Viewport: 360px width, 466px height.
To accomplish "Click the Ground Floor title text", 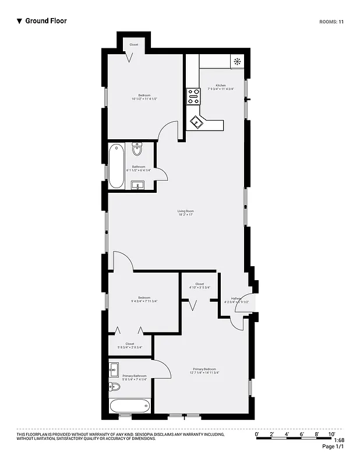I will click(45, 21).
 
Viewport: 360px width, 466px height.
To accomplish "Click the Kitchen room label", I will click(221, 86).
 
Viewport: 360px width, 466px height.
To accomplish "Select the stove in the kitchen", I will click(193, 96).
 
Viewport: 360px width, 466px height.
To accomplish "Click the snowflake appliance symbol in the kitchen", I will click(237, 61).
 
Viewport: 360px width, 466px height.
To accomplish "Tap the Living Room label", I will click(186, 211).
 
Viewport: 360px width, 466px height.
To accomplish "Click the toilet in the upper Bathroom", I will click(137, 149).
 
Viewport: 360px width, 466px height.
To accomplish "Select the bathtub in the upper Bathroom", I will click(117, 166).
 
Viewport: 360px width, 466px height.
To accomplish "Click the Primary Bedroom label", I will click(204, 369).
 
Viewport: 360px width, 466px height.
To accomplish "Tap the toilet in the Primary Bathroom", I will click(115, 387).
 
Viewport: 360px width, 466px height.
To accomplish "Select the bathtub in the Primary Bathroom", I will click(130, 405).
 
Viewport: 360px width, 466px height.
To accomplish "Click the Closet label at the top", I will click(133, 45).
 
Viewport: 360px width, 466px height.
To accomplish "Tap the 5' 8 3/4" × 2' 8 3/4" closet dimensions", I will click(130, 347).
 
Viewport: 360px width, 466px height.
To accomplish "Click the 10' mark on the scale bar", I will click(331, 434).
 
